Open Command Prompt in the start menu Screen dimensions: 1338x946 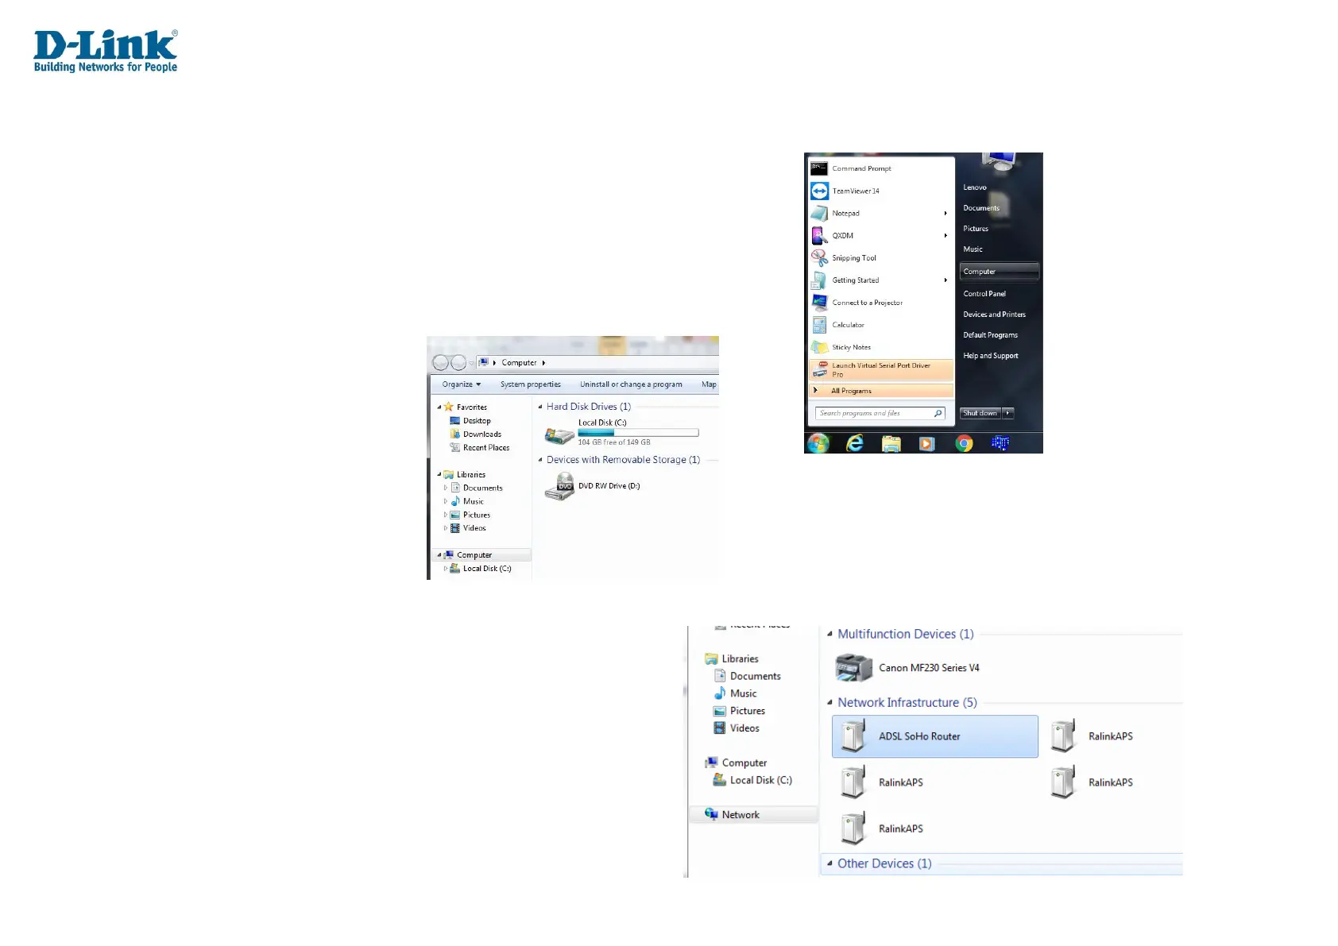tap(861, 168)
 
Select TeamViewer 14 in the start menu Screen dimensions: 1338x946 tap(855, 191)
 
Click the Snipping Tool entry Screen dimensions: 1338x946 tap(853, 258)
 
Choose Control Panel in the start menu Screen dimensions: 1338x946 tap(984, 294)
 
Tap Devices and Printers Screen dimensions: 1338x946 tap(994, 315)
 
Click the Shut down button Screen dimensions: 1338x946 tap(980, 413)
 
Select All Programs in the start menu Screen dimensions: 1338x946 tap(851, 391)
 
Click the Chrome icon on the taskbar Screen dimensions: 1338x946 tap(964, 443)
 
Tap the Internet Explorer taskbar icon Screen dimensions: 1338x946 tap(855, 443)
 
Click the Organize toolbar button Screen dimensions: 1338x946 tap(461, 384)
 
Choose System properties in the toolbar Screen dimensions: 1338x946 tap(530, 384)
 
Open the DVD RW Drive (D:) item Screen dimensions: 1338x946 tap(609, 486)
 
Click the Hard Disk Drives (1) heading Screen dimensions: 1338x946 tap(588, 407)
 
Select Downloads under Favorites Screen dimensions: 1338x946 tap(481, 434)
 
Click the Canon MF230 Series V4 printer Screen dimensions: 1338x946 tap(928, 668)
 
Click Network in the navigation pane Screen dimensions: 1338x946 tap(740, 815)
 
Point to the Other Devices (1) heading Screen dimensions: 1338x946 tap(884, 863)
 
